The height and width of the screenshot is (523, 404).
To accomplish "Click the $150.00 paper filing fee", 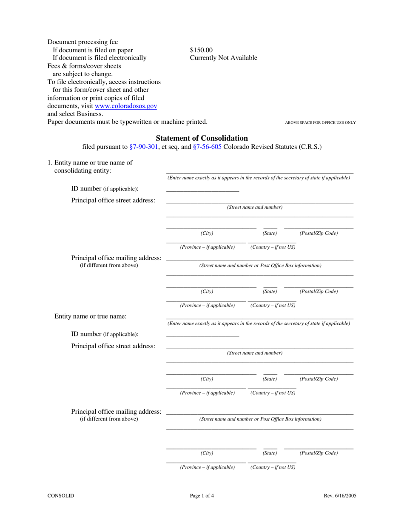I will tap(201, 50).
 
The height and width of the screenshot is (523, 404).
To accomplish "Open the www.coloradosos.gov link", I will tap(126, 106).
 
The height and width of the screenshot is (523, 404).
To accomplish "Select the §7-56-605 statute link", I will tap(207, 147).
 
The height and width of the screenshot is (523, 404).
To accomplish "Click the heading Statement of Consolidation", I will tap(202, 138).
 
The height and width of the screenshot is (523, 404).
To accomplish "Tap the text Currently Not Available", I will tap(223, 58).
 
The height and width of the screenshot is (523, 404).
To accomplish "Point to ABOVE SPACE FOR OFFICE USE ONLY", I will tap(320, 122).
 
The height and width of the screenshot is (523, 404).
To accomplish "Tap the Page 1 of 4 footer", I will tap(202, 495).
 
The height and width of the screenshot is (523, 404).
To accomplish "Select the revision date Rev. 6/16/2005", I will tap(340, 495).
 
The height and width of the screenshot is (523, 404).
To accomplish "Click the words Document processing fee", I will tap(83, 42).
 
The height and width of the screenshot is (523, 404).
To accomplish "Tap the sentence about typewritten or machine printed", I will tap(128, 122).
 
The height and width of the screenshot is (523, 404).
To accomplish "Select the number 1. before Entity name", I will tap(50, 162).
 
